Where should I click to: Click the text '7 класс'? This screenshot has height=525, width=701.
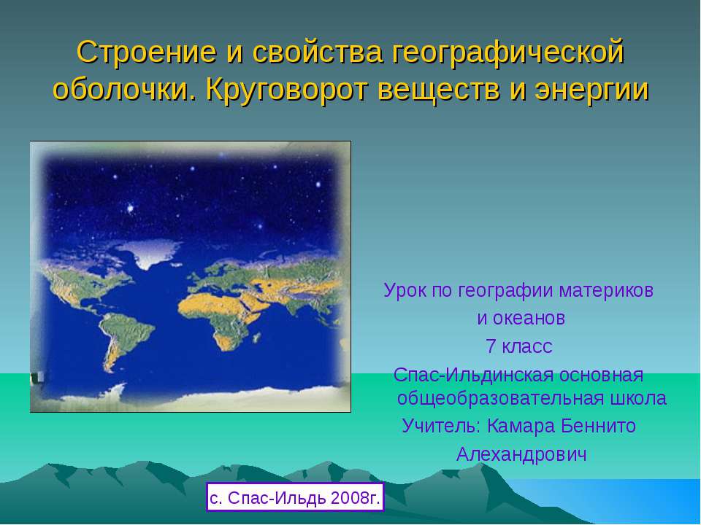click(518, 346)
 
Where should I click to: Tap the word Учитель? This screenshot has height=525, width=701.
click(441, 425)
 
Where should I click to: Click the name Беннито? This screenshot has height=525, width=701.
click(598, 425)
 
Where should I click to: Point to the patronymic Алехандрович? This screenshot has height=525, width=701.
click(521, 454)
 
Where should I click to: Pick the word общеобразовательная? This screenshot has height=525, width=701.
click(500, 398)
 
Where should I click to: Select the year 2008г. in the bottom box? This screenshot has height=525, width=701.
click(356, 497)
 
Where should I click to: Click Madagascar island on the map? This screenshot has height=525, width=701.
click(256, 338)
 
